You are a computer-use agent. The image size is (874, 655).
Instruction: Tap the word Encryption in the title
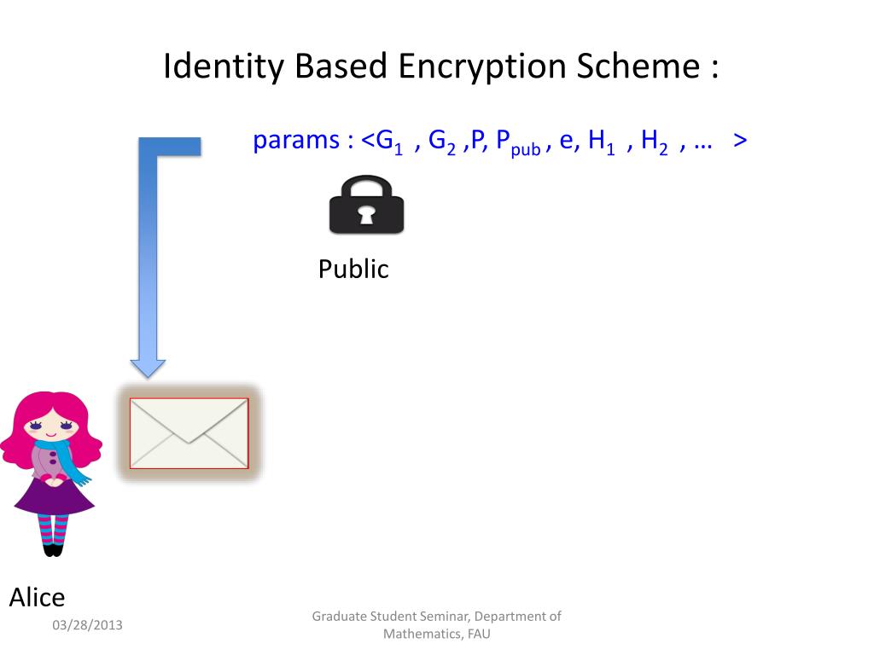click(484, 67)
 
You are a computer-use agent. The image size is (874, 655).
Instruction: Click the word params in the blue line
click(296, 141)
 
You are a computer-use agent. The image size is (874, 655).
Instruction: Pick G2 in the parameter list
click(442, 142)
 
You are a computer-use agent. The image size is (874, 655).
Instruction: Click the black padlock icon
click(366, 205)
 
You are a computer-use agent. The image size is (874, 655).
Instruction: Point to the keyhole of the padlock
click(366, 214)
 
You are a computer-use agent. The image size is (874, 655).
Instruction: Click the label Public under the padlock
click(353, 270)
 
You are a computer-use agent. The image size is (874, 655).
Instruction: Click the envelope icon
click(189, 433)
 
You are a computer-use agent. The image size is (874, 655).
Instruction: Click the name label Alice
click(37, 598)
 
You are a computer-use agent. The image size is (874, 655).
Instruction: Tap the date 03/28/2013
click(87, 625)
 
